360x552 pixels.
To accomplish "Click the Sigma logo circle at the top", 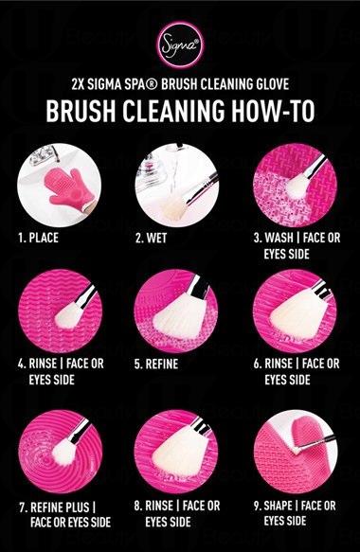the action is pyautogui.click(x=180, y=45).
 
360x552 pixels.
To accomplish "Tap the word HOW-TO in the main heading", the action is pyautogui.click(x=273, y=111).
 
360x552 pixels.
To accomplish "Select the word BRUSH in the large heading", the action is pyautogui.click(x=81, y=111).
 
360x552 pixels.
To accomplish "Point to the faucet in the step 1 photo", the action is pyautogui.click(x=43, y=155).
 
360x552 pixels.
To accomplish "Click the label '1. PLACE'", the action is pyautogui.click(x=39, y=238).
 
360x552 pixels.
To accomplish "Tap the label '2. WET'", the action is pyautogui.click(x=152, y=239).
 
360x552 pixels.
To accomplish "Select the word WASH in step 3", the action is pyautogui.click(x=279, y=238).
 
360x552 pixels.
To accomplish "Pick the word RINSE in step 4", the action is pyautogui.click(x=43, y=364).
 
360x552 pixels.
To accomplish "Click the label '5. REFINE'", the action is pyautogui.click(x=156, y=364).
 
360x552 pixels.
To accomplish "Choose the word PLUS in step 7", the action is pyautogui.click(x=78, y=507).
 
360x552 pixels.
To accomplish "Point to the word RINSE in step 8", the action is pyautogui.click(x=159, y=506).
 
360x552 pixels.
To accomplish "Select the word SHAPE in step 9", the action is pyautogui.click(x=278, y=506).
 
